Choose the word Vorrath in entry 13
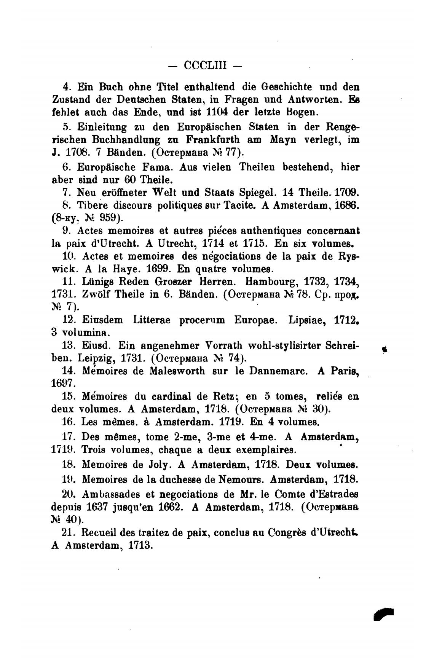coord(223,345)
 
